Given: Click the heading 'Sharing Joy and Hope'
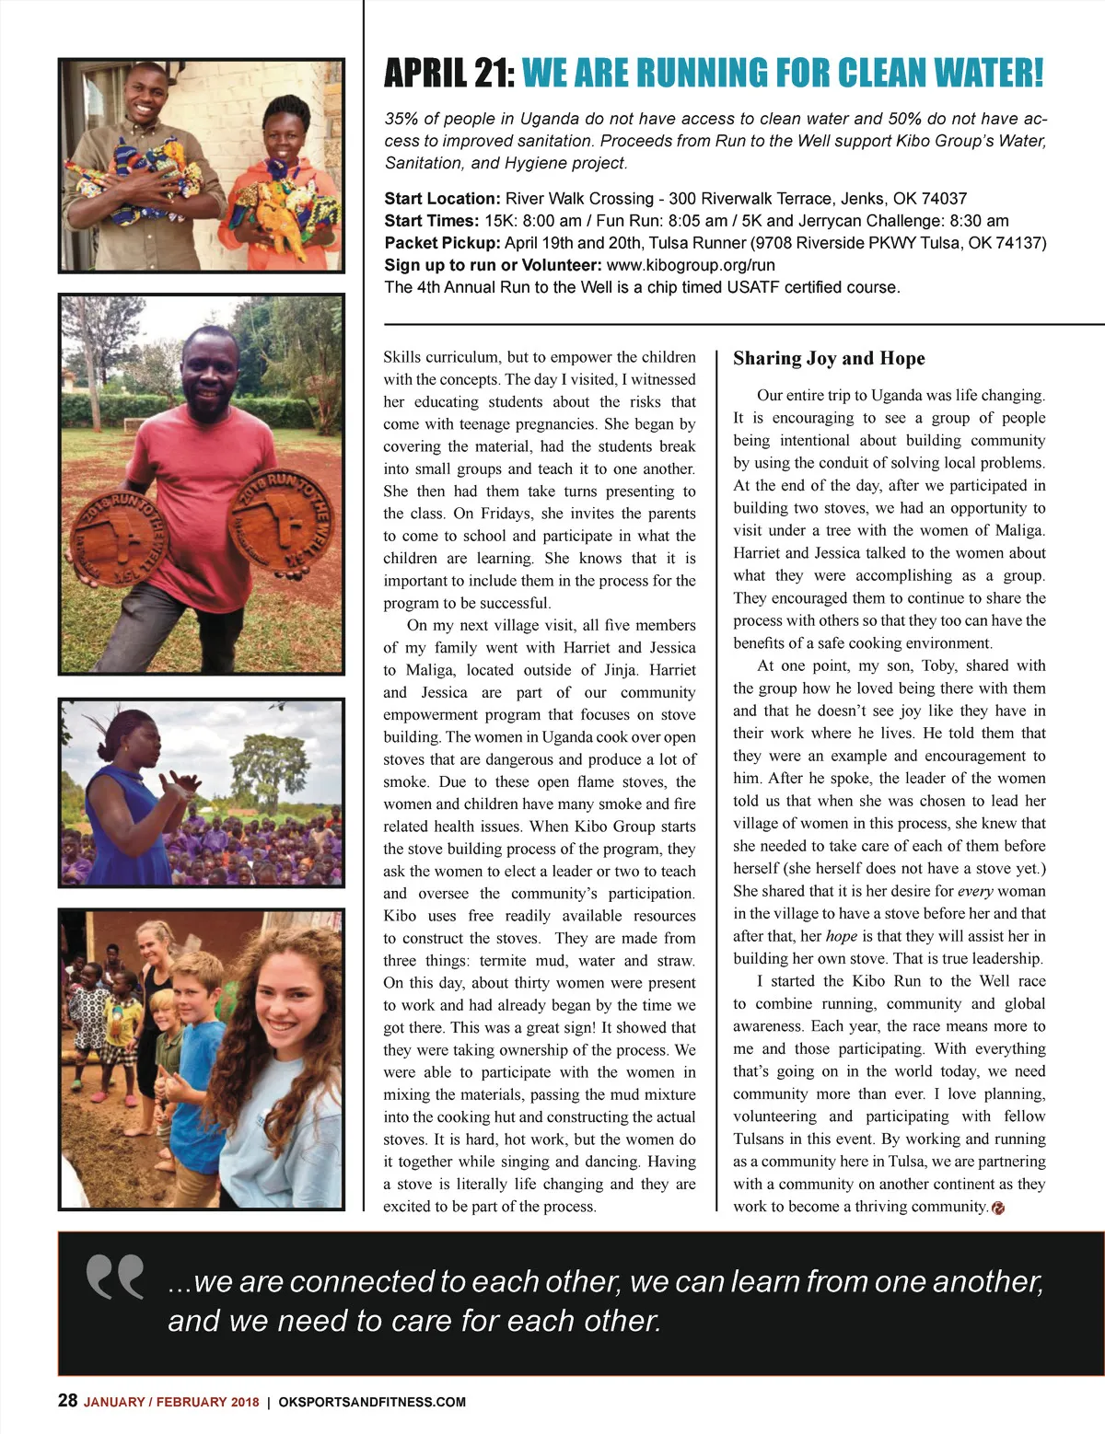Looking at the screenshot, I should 829,359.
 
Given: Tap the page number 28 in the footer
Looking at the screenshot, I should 67,1401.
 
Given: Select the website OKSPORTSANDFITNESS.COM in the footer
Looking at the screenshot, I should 372,1402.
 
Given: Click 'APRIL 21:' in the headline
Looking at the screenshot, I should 448,74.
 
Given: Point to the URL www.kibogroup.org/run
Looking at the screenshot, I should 691,265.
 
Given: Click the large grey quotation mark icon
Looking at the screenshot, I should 115,1277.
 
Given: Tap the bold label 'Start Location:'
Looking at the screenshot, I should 441,199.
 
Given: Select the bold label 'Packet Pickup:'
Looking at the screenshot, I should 442,243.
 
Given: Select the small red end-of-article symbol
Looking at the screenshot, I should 998,1208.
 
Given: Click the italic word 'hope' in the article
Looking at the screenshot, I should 842,936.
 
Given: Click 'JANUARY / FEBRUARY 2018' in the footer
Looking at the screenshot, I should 171,1402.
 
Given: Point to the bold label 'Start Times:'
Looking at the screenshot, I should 431,221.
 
